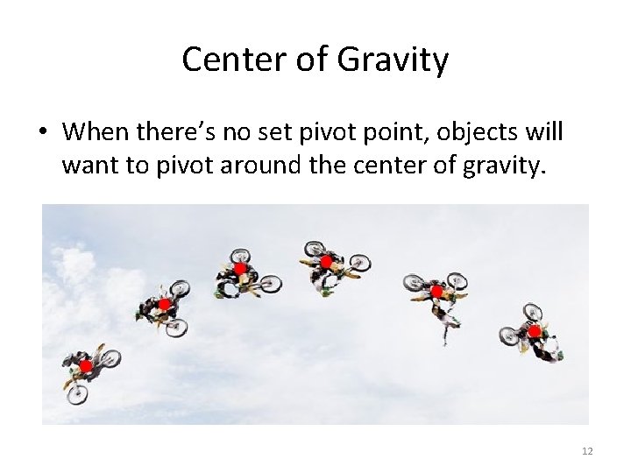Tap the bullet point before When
click(x=43, y=133)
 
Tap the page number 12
click(x=587, y=451)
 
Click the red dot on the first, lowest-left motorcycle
click(x=85, y=365)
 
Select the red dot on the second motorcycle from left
click(x=163, y=304)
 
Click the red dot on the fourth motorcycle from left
click(x=326, y=261)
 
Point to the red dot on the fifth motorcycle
click(x=436, y=291)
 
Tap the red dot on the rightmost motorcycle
click(x=534, y=331)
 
